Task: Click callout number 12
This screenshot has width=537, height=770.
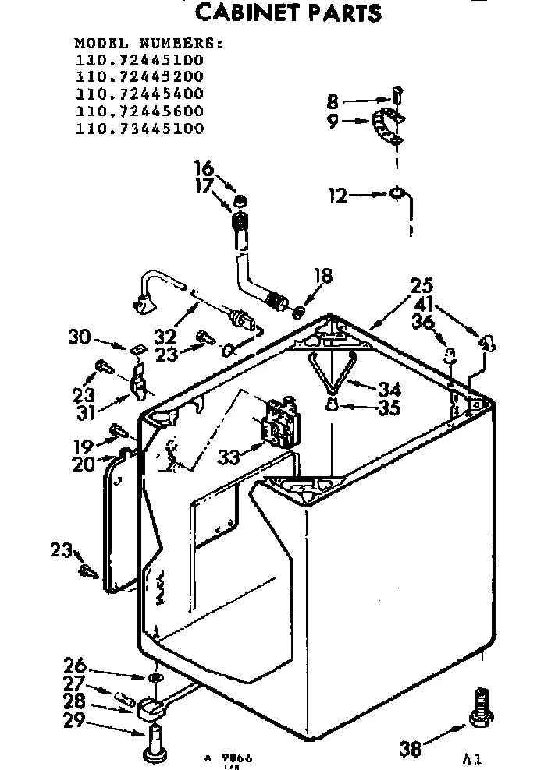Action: (x=337, y=196)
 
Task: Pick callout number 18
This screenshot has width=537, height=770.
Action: (x=322, y=276)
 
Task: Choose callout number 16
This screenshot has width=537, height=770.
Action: (x=203, y=168)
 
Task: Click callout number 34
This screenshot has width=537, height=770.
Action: (x=389, y=388)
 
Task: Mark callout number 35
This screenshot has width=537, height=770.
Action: (x=389, y=408)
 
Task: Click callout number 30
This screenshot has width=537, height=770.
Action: (x=80, y=337)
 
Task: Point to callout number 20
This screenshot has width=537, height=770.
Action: (x=84, y=465)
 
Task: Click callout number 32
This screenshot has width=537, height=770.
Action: (x=164, y=337)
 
